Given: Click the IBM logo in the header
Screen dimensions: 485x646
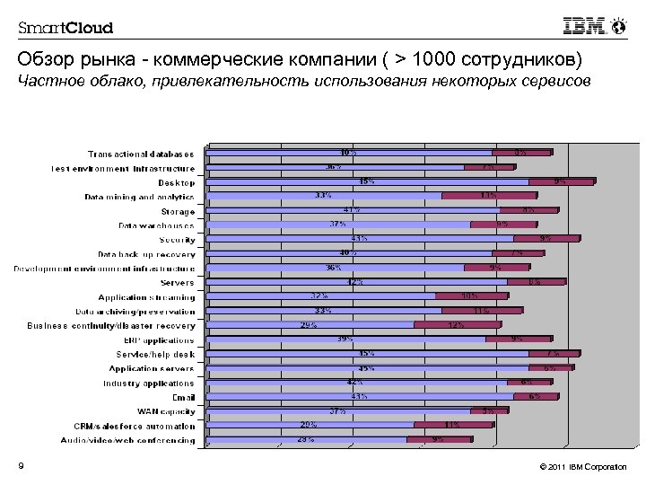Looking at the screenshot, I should pyautogui.click(x=584, y=27).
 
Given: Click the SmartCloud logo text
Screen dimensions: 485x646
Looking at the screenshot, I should pyautogui.click(x=65, y=27).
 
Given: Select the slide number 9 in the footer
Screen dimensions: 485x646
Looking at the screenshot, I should pyautogui.click(x=20, y=465).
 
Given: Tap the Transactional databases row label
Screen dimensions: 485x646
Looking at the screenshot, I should pyautogui.click(x=141, y=154).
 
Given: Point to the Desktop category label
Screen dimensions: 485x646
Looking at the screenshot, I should pyautogui.click(x=176, y=182).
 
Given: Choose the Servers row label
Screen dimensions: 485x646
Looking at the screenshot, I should pyautogui.click(x=177, y=283).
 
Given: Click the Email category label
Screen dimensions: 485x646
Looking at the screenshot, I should pyautogui.click(x=183, y=397).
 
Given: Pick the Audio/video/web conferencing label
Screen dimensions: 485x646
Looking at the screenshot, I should pyautogui.click(x=127, y=440).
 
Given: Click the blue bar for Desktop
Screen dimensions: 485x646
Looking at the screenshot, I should pyautogui.click(x=367, y=181).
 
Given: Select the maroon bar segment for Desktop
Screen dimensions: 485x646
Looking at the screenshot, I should pyautogui.click(x=561, y=181).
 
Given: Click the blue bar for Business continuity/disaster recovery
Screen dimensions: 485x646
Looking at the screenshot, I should pyautogui.click(x=310, y=325).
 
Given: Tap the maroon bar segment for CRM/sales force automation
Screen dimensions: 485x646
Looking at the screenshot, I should pyautogui.click(x=451, y=425).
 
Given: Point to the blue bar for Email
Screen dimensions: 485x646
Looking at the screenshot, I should pyautogui.click(x=360, y=396).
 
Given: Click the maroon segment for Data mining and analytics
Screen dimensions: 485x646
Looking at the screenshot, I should pyautogui.click(x=489, y=196).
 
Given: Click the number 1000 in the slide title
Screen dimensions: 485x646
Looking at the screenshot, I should pyautogui.click(x=424, y=61).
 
